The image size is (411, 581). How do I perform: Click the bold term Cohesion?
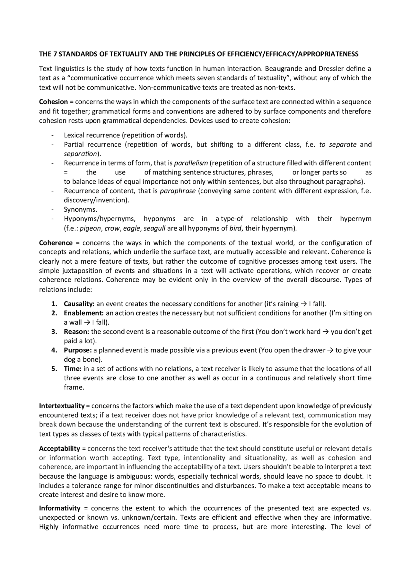[x=53, y=102]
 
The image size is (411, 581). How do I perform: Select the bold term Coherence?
[x=56, y=243]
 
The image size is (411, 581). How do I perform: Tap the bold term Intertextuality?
[x=62, y=406]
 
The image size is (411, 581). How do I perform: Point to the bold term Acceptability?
[x=59, y=448]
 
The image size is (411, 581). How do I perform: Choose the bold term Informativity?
[x=60, y=508]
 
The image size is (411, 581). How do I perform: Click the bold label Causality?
[x=79, y=304]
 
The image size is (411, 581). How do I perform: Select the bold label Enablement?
[x=83, y=313]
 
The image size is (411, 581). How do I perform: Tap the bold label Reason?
[x=76, y=331]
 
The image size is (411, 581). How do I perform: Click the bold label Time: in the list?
[x=73, y=369]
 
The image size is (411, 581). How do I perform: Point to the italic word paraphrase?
[x=178, y=191]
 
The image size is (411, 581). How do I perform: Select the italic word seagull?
[x=154, y=228]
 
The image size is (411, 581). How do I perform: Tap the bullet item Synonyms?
[x=80, y=210]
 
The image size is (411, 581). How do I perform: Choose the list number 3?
[x=54, y=331]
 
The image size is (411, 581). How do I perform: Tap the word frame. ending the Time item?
[x=74, y=387]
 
